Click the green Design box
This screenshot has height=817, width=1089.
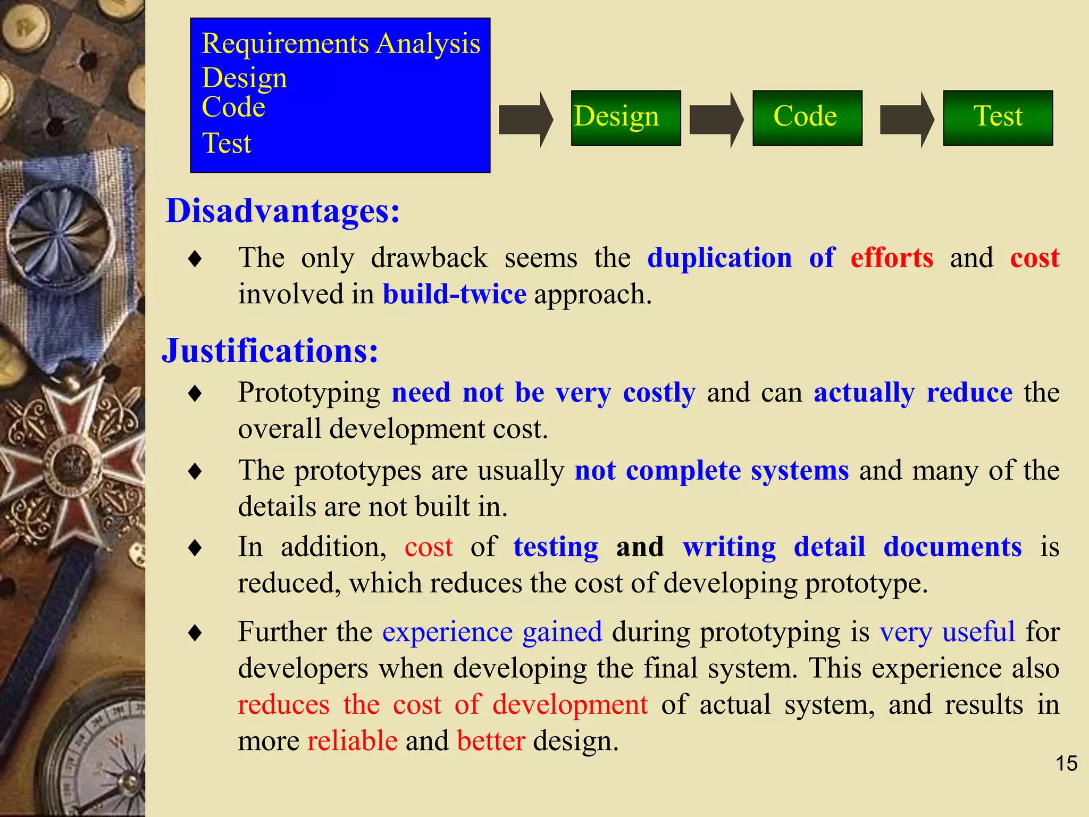(x=625, y=118)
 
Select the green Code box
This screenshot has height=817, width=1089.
(x=807, y=118)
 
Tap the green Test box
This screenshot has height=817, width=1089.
(x=998, y=118)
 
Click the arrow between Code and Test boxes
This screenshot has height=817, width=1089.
(x=906, y=120)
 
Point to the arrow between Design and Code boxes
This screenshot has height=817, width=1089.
(x=716, y=120)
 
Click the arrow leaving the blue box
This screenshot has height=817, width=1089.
(x=525, y=120)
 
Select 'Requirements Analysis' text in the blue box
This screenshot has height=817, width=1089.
(x=341, y=44)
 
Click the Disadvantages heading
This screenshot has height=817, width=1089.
(x=283, y=211)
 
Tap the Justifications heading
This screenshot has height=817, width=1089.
(x=270, y=351)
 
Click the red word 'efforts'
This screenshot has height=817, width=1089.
(x=892, y=258)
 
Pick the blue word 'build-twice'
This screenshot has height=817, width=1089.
(x=455, y=294)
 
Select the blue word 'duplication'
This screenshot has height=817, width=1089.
(x=719, y=258)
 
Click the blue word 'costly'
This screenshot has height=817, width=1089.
(x=659, y=393)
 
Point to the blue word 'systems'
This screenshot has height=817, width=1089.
(x=800, y=471)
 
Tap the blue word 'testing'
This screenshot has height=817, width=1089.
(x=556, y=547)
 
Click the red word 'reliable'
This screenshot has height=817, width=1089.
(x=353, y=741)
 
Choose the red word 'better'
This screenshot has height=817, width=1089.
(x=491, y=741)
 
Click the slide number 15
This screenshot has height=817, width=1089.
(x=1066, y=763)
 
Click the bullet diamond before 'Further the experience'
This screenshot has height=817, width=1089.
(x=195, y=633)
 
